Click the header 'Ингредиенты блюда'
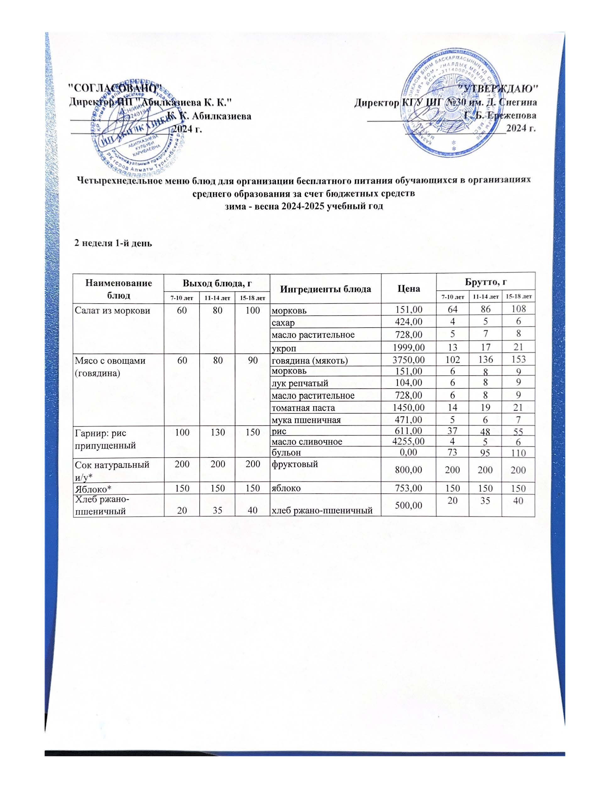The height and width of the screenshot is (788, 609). point(326,289)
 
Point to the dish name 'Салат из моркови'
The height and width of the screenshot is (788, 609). point(112,309)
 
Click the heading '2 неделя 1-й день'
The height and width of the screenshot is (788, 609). point(113,243)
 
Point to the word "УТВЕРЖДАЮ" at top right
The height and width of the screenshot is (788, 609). point(498,88)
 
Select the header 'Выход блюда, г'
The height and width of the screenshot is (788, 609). point(217,283)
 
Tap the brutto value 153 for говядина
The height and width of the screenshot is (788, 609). point(518,360)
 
